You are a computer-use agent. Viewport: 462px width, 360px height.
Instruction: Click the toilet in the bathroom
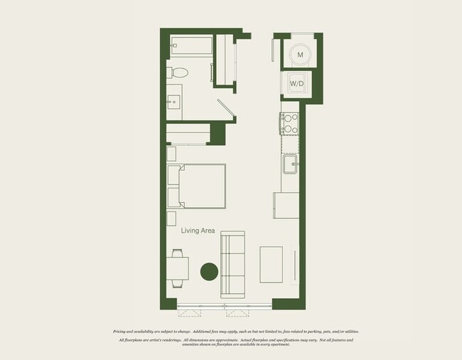pyautogui.click(x=178, y=72)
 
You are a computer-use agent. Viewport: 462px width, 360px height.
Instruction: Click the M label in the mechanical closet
pyautogui.click(x=300, y=55)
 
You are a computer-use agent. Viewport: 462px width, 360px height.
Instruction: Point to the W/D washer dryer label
pyautogui.click(x=296, y=84)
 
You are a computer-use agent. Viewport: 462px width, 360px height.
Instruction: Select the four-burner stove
pyautogui.click(x=290, y=124)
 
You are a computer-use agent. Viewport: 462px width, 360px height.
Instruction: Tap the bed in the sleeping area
pyautogui.click(x=196, y=186)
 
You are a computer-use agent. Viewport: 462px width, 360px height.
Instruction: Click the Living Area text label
pyautogui.click(x=198, y=231)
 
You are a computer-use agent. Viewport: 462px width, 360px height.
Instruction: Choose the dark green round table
pyautogui.click(x=209, y=270)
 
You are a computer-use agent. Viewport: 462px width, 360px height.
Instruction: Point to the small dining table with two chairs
pyautogui.click(x=178, y=269)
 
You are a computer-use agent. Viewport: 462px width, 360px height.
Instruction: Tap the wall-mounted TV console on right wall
pyautogui.click(x=296, y=265)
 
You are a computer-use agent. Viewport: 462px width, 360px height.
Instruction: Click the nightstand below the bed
pyautogui.click(x=171, y=218)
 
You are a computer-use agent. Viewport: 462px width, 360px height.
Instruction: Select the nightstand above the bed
pyautogui.click(x=171, y=154)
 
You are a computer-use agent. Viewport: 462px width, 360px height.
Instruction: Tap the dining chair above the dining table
pyautogui.click(x=178, y=252)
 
